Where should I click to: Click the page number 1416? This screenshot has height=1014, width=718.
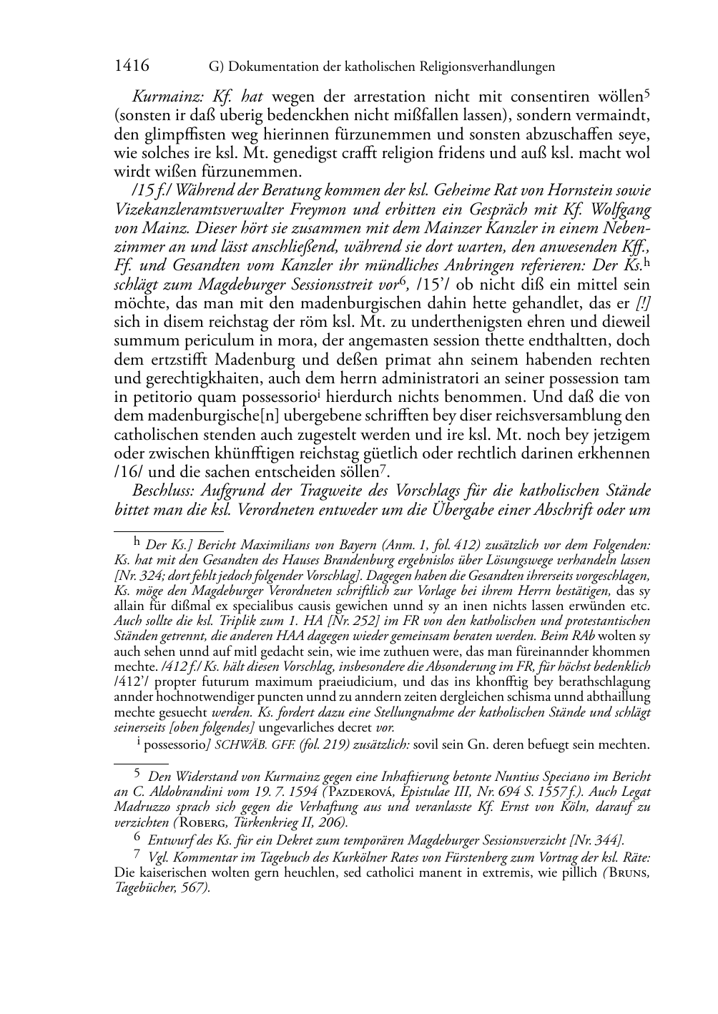point(132,67)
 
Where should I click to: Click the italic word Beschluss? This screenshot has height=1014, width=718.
point(164,491)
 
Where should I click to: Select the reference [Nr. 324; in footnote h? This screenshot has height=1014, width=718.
point(139,576)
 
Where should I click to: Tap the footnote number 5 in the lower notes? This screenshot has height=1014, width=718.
point(138,774)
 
